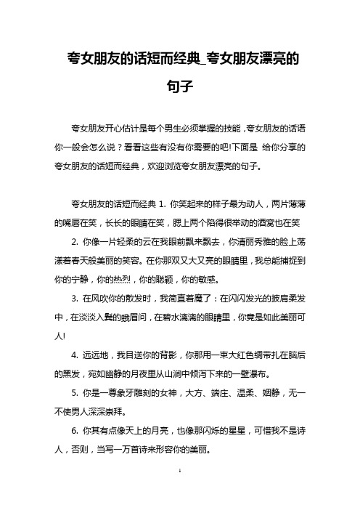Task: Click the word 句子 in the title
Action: click(179, 86)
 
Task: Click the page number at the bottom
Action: click(179, 493)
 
